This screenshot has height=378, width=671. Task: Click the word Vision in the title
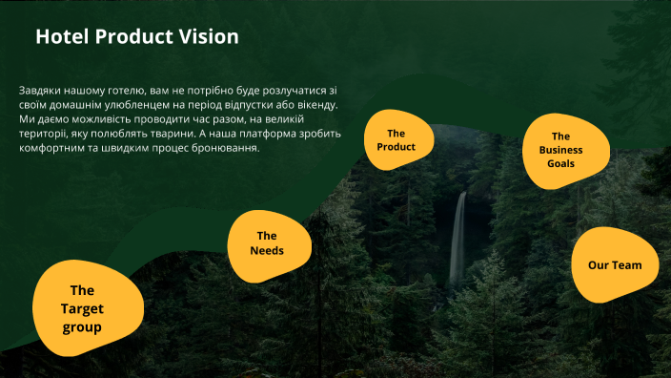coord(209,37)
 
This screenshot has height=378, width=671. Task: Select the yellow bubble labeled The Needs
coord(267,244)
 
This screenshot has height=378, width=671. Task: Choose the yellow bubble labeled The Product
coord(396,140)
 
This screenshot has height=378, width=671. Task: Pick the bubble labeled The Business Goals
coord(560,150)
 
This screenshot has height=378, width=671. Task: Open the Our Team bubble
coord(615,264)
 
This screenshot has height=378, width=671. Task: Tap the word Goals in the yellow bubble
coord(560,163)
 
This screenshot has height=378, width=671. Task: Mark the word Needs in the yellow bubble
coord(267,251)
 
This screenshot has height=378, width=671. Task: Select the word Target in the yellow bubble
coord(82,308)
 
